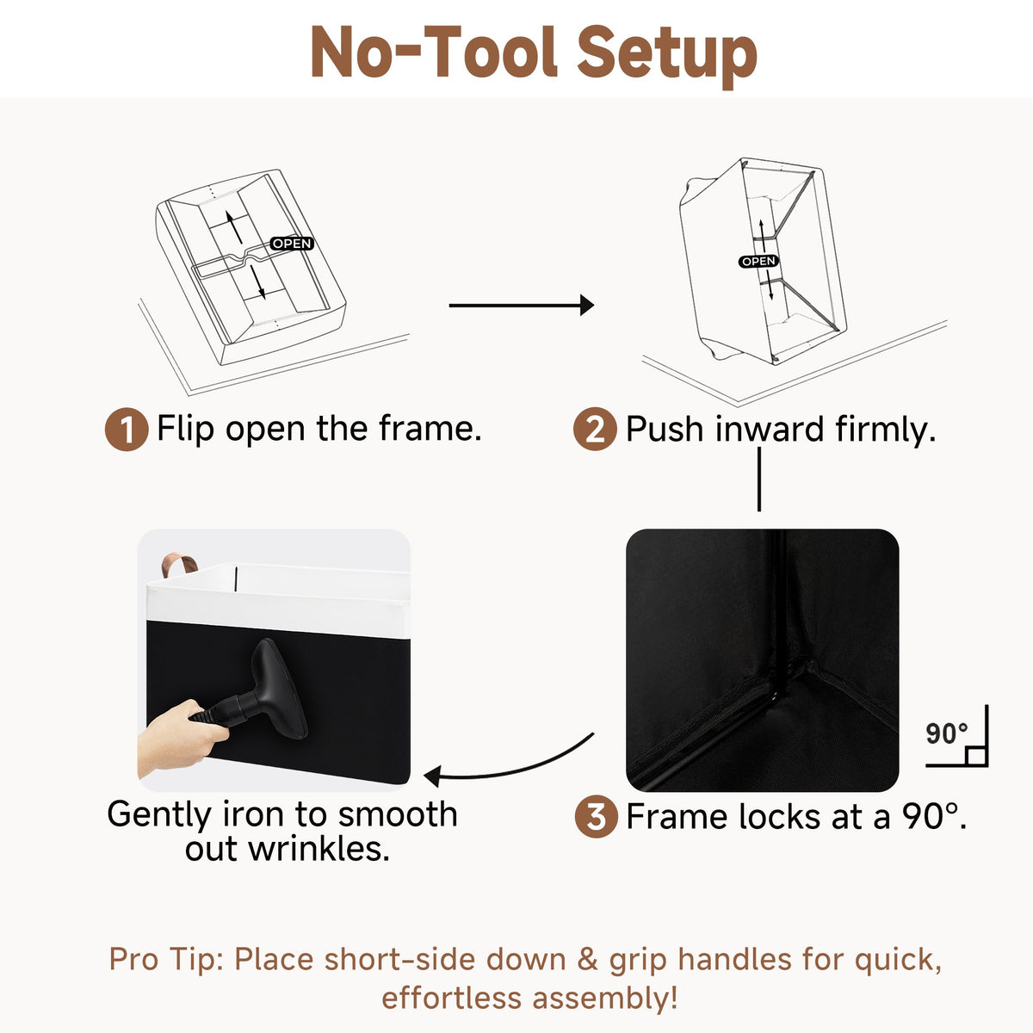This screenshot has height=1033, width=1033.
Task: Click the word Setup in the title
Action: point(666,53)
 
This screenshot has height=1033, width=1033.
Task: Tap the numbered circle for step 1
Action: point(127,430)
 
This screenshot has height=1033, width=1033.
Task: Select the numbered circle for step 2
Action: point(595,429)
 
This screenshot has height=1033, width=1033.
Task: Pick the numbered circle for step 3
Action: point(596,816)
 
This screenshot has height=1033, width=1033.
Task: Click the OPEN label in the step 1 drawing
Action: point(292,244)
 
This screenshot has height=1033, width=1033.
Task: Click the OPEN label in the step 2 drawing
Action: point(758,261)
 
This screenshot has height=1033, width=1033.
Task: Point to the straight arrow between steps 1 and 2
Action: point(522,305)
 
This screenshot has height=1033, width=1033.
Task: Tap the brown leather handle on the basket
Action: point(179,566)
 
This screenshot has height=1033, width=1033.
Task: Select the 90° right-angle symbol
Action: point(957,736)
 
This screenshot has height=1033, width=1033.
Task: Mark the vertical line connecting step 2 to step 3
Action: point(759,479)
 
